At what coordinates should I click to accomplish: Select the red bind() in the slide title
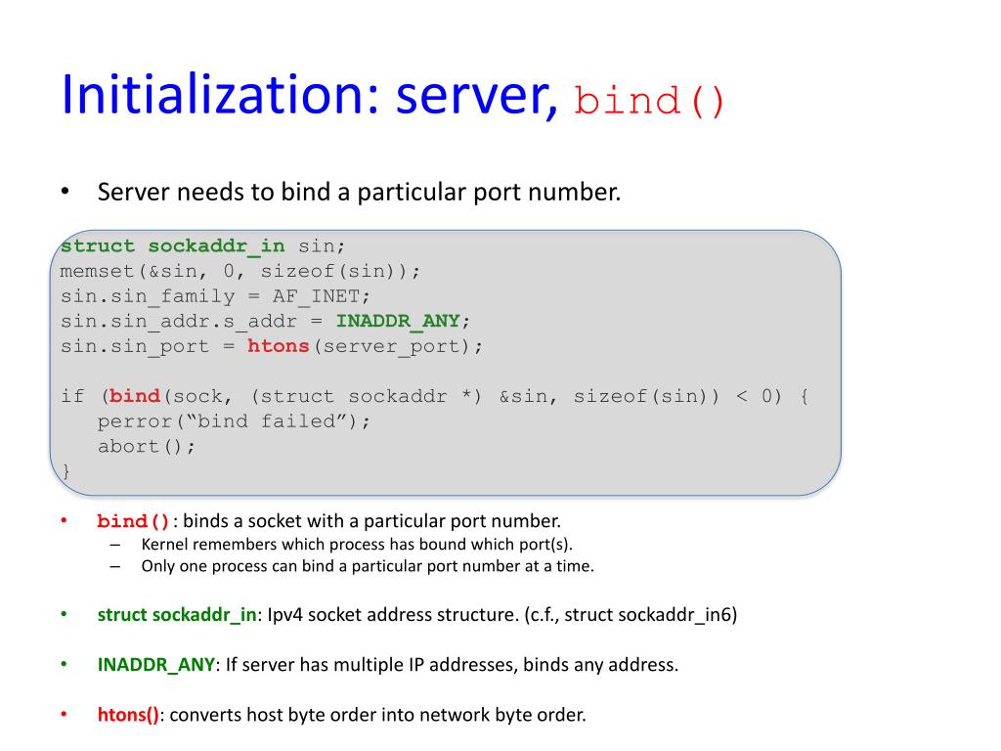650,101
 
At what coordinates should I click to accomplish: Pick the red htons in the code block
278,346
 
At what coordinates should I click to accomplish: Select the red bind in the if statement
135,396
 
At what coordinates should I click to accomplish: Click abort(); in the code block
147,446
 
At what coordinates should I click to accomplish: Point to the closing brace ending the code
65,471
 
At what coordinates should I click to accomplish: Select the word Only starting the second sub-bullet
159,565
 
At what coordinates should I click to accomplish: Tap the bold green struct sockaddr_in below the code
176,615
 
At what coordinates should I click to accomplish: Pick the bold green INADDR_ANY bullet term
155,665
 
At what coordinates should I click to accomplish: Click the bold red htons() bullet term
127,715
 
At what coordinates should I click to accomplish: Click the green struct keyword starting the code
98,245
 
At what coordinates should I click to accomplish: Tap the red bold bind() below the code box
134,521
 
